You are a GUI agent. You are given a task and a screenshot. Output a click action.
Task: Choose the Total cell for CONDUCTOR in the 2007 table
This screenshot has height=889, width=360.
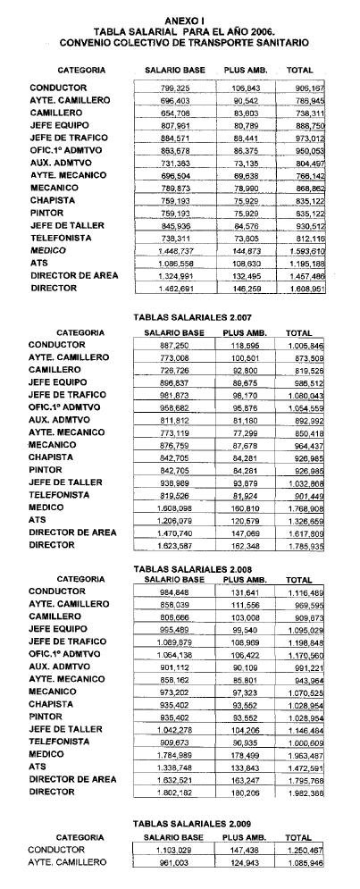[x=304, y=345]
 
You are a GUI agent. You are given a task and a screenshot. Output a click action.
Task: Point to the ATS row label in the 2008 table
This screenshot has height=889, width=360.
[x=38, y=766]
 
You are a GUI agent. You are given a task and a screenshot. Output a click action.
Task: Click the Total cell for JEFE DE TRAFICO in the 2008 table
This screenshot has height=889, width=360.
[x=304, y=642]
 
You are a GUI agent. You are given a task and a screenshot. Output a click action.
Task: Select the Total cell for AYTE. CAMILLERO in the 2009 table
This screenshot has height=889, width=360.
[x=304, y=863]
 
